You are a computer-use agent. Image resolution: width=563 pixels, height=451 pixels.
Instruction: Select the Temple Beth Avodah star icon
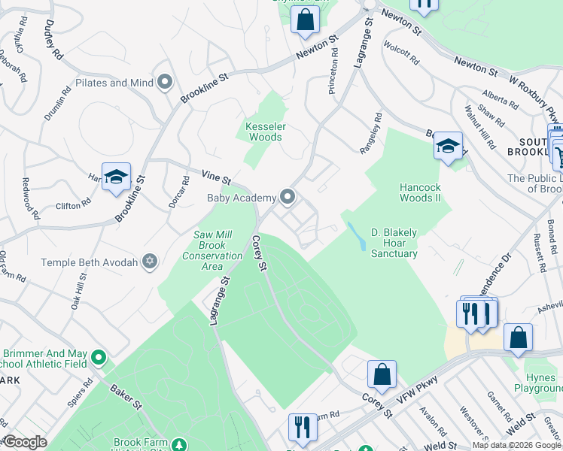150,262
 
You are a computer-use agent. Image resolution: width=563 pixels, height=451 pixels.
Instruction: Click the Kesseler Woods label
263,132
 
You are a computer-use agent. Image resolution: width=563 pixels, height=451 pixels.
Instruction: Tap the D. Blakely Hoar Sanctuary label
394,243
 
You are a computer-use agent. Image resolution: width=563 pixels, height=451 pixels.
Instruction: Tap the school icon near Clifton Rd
117,177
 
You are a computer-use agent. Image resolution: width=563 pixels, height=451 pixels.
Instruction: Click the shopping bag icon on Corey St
382,374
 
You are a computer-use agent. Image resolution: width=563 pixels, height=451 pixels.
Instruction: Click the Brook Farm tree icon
179,444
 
